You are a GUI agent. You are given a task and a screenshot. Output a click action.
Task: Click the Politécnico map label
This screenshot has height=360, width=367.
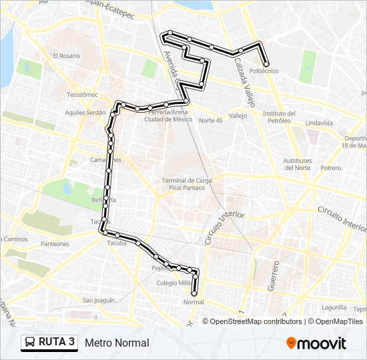[x=264, y=71]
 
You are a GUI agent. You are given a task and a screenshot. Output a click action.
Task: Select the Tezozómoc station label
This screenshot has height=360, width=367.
[x=82, y=95]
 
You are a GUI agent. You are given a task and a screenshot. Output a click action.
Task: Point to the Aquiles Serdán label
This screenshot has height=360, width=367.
[x=85, y=113]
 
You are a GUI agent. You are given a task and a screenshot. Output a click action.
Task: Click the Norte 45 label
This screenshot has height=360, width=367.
[x=210, y=120]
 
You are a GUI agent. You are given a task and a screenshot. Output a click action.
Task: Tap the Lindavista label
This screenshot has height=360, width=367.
[x=318, y=123]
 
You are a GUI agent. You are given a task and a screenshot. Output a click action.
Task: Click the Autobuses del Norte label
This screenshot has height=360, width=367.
[x=297, y=164]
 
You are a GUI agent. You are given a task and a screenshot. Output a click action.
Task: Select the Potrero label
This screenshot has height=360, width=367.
[x=330, y=168]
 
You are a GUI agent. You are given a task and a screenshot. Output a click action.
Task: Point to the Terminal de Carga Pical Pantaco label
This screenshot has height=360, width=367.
[x=187, y=184]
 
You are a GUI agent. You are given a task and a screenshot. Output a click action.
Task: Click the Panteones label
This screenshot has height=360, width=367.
[x=55, y=244]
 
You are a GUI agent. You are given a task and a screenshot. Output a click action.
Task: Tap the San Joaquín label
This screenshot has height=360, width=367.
[x=99, y=300]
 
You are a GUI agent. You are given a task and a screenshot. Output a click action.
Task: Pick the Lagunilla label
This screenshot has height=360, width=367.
[x=334, y=307]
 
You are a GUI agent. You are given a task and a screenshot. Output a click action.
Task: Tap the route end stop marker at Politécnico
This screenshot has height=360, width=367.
[x=266, y=64]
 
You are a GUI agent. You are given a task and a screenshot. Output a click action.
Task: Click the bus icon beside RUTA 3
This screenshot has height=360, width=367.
[x=30, y=343]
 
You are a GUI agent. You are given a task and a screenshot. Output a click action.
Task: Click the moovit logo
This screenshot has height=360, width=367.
[x=316, y=343]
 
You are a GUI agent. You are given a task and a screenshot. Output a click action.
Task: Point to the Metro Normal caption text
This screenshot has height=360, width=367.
[x=117, y=343]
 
